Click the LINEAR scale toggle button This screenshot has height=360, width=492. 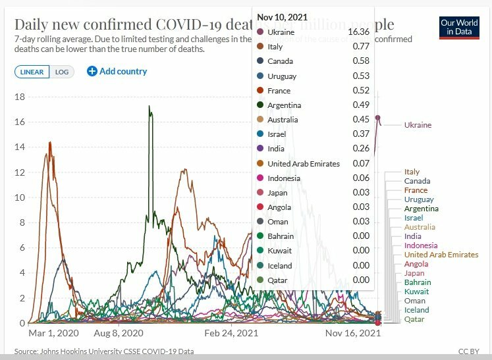[32, 72]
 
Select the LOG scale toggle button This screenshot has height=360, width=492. [62, 72]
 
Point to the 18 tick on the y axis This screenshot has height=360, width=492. [20, 97]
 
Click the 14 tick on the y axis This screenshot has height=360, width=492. [20, 147]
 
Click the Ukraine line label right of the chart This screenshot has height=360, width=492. [418, 125]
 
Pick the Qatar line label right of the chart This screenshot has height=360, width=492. [414, 319]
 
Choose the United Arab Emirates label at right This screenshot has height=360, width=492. [441, 255]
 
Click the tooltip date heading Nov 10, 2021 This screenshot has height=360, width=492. [282, 16]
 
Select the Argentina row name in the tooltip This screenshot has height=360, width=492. [284, 105]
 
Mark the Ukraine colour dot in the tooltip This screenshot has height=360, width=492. [260, 32]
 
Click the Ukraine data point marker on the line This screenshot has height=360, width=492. [378, 118]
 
